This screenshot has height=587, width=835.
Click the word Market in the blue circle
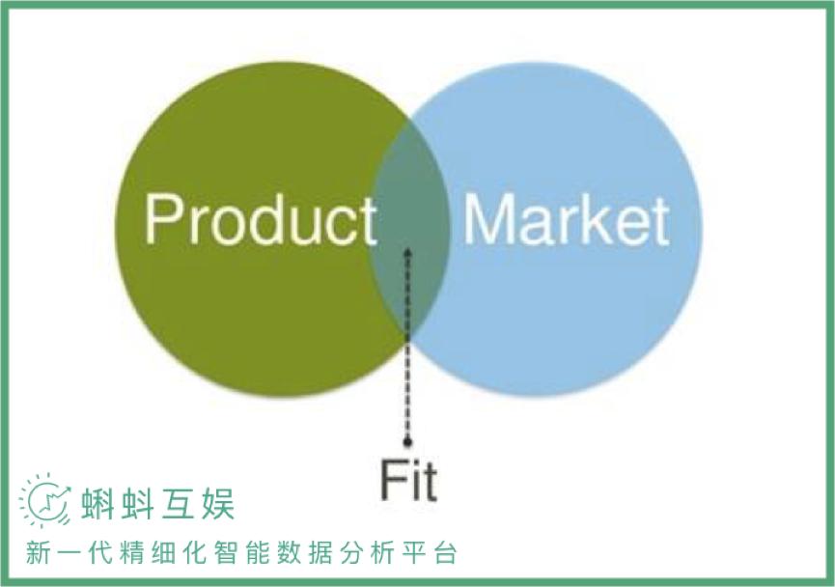tap(566, 220)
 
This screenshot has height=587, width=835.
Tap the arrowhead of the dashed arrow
tap(407, 253)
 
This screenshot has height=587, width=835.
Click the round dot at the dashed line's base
tap(407, 442)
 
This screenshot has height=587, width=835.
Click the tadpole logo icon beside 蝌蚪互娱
tap(45, 500)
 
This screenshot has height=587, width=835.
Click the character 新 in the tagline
tap(36, 553)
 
